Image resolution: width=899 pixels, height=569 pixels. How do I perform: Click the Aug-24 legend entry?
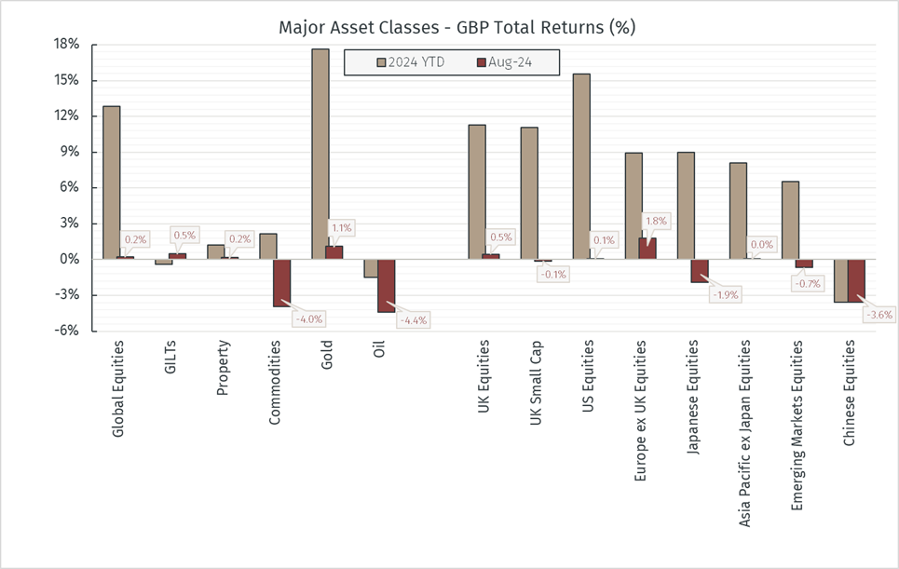(x=513, y=62)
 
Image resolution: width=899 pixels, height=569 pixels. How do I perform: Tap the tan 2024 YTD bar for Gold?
(x=320, y=154)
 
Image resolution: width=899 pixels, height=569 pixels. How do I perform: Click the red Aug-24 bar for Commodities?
(x=281, y=282)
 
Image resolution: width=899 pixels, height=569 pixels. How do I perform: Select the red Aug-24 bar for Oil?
(x=386, y=285)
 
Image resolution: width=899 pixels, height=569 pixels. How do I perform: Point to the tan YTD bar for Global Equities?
(x=111, y=183)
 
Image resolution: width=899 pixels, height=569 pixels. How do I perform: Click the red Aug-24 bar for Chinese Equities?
(x=857, y=280)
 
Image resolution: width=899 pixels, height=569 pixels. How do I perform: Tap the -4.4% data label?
(x=413, y=320)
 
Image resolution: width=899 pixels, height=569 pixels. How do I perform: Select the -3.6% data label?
(x=878, y=315)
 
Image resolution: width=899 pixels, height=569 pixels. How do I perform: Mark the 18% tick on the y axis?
(x=67, y=45)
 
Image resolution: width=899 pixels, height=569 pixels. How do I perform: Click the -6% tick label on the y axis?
(x=67, y=331)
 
